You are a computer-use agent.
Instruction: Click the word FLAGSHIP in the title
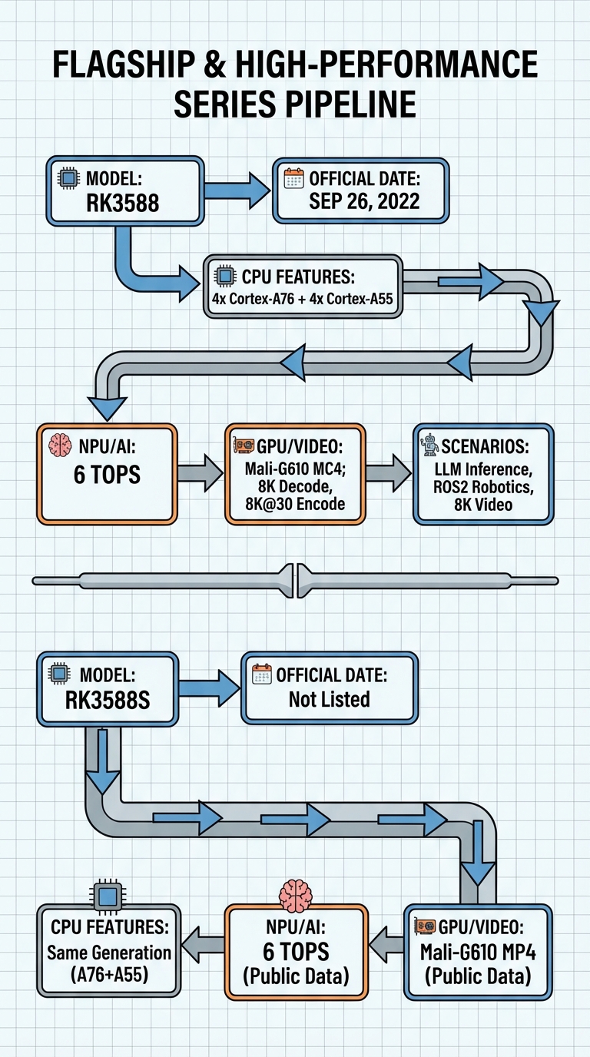[x=124, y=65]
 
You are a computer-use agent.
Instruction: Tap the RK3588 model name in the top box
[x=123, y=203]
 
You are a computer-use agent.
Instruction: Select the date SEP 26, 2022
[x=364, y=201]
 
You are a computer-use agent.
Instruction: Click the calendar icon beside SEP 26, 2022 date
[x=293, y=178]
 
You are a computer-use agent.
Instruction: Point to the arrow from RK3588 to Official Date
[x=237, y=191]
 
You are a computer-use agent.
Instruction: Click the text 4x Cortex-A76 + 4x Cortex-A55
[x=303, y=299]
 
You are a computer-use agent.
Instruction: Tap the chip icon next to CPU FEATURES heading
[x=225, y=276]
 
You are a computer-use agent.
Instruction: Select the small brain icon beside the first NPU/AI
[x=61, y=445]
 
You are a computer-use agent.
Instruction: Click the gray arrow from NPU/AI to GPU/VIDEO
[x=201, y=473]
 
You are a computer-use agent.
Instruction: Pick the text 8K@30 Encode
[x=295, y=504]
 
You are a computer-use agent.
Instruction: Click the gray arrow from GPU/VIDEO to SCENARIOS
[x=388, y=473]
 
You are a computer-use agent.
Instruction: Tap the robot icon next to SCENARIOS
[x=429, y=445]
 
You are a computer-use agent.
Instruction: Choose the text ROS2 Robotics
[x=483, y=487]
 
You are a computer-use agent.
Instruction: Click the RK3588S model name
[x=108, y=701]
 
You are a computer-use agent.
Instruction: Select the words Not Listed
[x=330, y=699]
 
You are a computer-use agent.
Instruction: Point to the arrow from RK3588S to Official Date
[x=210, y=688]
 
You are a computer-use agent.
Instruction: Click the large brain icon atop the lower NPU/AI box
[x=296, y=895]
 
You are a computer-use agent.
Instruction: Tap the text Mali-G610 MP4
[x=478, y=953]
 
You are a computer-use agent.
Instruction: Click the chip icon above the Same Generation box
[x=108, y=895]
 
